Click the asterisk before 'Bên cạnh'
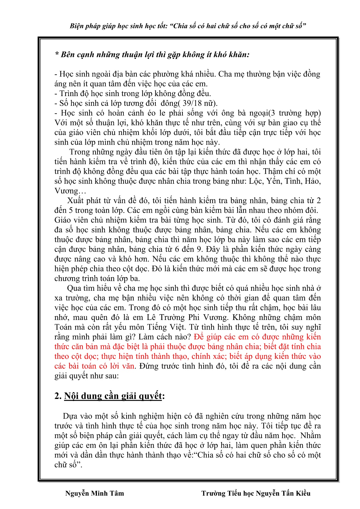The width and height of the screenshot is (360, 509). pyautogui.click(x=57, y=55)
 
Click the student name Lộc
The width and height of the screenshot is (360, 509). pyautogui.click(x=256, y=181)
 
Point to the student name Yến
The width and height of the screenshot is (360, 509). pyautogui.click(x=274, y=181)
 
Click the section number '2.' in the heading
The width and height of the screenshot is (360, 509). pyautogui.click(x=58, y=396)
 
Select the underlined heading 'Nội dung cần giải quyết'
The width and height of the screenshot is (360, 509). pyautogui.click(x=113, y=396)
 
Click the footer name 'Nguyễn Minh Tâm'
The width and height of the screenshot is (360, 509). pyautogui.click(x=95, y=493)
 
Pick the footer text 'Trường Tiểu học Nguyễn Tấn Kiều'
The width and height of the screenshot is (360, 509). pyautogui.click(x=256, y=493)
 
